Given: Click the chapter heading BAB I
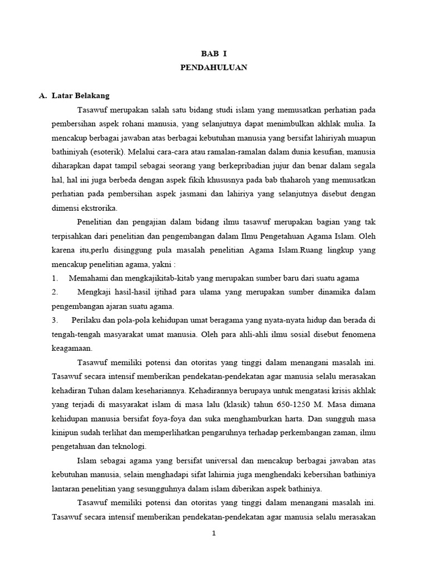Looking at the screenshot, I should coord(214,54).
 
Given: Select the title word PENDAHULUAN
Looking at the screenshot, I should coord(214,67).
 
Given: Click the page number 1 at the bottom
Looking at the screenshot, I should coord(213,533).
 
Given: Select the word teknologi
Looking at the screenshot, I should coord(128,446).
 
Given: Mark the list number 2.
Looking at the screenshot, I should coord(55,292).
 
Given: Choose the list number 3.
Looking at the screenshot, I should coord(55,320).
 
